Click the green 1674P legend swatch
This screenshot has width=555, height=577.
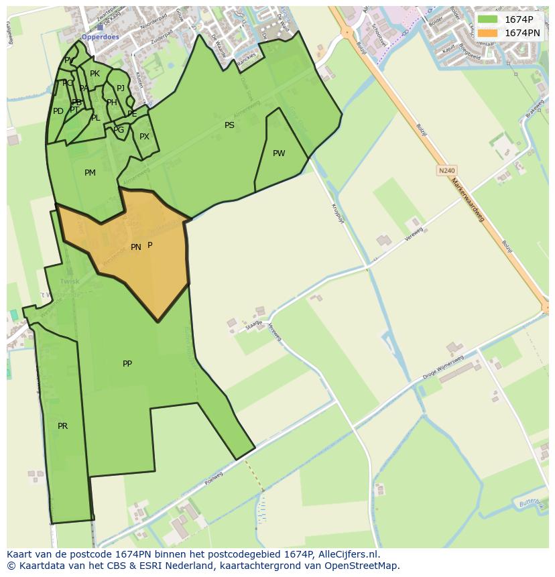coord(487,19)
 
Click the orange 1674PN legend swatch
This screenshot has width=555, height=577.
coord(487,33)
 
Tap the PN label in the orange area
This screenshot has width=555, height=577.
coord(135,247)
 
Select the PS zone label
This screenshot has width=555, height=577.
coord(229,125)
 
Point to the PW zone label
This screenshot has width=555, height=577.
coord(279,153)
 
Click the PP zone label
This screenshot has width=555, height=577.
coord(127,364)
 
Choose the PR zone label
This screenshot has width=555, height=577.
coord(62,426)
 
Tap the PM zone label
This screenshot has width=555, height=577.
coord(90,173)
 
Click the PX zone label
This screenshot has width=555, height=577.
coord(144,137)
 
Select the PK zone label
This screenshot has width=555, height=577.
coord(95,74)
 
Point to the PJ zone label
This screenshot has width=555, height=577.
coord(121,88)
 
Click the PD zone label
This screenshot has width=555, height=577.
coord(58,111)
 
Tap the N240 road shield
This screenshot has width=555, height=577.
coord(446,171)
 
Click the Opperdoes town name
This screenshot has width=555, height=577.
coord(100,38)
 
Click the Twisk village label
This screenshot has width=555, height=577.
coord(69,281)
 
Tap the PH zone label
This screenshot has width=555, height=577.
coord(112,103)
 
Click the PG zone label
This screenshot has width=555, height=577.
coord(119,130)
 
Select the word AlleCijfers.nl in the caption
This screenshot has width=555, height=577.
coord(348,554)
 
